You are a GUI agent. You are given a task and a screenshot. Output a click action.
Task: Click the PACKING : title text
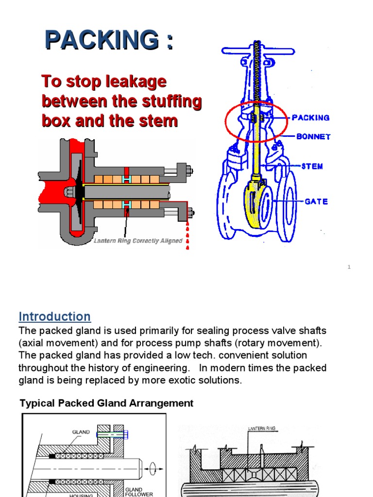[109, 39]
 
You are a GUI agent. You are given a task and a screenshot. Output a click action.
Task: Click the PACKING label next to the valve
[310, 118]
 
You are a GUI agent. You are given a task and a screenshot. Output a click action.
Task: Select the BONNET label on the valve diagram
[313, 137]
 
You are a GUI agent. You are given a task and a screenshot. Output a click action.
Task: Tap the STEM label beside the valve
[312, 166]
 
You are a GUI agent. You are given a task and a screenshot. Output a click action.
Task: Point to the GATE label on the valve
[316, 201]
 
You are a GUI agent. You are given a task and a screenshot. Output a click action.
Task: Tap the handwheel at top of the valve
[258, 50]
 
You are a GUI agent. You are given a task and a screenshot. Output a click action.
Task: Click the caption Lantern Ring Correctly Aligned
[138, 241]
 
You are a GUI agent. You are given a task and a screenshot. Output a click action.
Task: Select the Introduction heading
[54, 316]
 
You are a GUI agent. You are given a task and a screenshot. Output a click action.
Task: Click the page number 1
[349, 267]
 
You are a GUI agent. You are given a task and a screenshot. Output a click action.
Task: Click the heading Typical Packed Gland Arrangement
[106, 403]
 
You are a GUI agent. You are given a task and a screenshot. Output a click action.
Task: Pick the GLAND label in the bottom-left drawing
[81, 432]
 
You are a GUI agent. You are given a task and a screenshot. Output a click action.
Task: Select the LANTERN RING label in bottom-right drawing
[262, 429]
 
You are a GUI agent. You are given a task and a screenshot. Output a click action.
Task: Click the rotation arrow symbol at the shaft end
[153, 468]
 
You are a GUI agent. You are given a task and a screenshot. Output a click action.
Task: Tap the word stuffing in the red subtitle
[170, 101]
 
